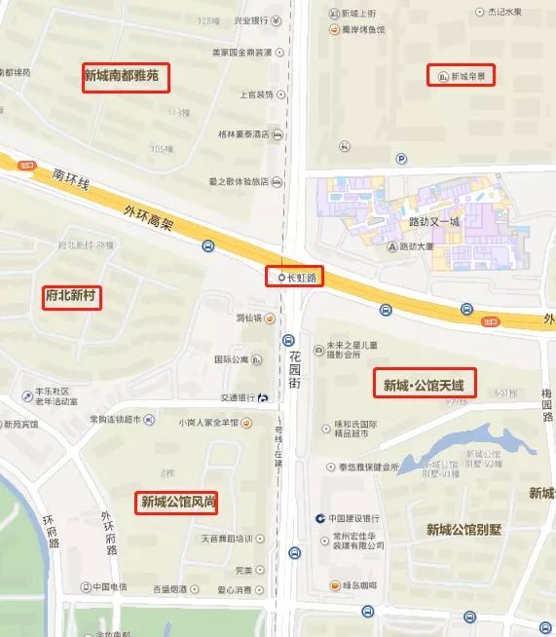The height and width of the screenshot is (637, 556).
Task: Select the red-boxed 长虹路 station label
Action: pos(294,278)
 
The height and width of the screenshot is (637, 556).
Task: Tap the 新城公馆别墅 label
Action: pos(463,529)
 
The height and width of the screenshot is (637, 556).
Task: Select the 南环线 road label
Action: pos(71,179)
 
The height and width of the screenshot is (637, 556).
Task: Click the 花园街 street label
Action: pos(294,371)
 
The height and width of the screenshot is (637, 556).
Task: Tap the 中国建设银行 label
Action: pos(357,517)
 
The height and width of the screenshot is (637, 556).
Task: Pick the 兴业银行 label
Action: pos(251,20)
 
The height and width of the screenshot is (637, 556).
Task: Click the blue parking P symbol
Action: pos(400,159)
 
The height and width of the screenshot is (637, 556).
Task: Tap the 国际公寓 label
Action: pos(233,359)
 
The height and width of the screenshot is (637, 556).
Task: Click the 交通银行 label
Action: pos(238,397)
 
